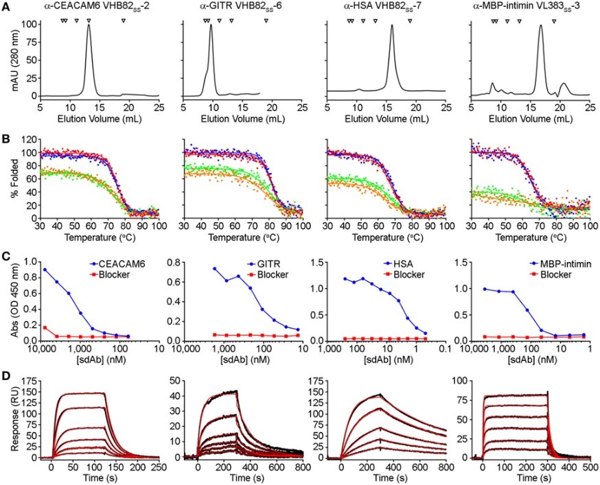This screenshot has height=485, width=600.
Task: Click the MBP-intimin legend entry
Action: click(553, 263)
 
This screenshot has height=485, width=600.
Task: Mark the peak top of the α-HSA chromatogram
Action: click(392, 26)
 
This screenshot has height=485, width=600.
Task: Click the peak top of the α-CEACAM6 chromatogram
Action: click(89, 26)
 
